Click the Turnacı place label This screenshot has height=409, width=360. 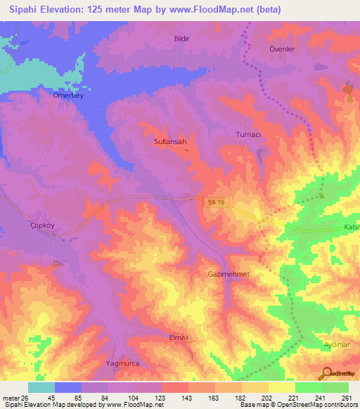click(x=247, y=134)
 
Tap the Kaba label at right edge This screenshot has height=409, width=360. click(x=351, y=227)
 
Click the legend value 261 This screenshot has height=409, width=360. click(x=346, y=397)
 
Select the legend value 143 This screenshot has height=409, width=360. click(x=186, y=397)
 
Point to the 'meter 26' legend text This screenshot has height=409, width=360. click(x=14, y=397)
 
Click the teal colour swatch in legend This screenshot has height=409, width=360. click(x=41, y=387)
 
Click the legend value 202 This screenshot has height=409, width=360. click(x=266, y=397)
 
